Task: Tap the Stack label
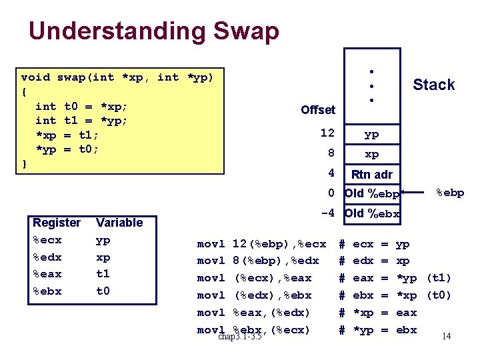pyautogui.click(x=433, y=85)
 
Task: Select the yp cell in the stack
pyautogui.click(x=371, y=134)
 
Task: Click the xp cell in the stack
pyautogui.click(x=371, y=154)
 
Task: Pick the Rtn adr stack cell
pyautogui.click(x=371, y=175)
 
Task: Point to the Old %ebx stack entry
pyautogui.click(x=372, y=214)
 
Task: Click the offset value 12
pyautogui.click(x=327, y=133)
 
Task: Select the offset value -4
pyautogui.click(x=327, y=214)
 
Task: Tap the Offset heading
pyautogui.click(x=318, y=109)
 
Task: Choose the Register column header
pyautogui.click(x=57, y=223)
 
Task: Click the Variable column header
pyautogui.click(x=119, y=223)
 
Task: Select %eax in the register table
pyautogui.click(x=47, y=274)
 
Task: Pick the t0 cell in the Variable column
pyautogui.click(x=103, y=291)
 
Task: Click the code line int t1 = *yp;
pyautogui.click(x=81, y=121)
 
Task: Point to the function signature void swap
pyautogui.click(x=117, y=77)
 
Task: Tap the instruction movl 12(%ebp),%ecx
pyautogui.click(x=261, y=244)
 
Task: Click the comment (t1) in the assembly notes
pyautogui.click(x=438, y=278)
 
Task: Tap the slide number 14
pyautogui.click(x=446, y=336)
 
